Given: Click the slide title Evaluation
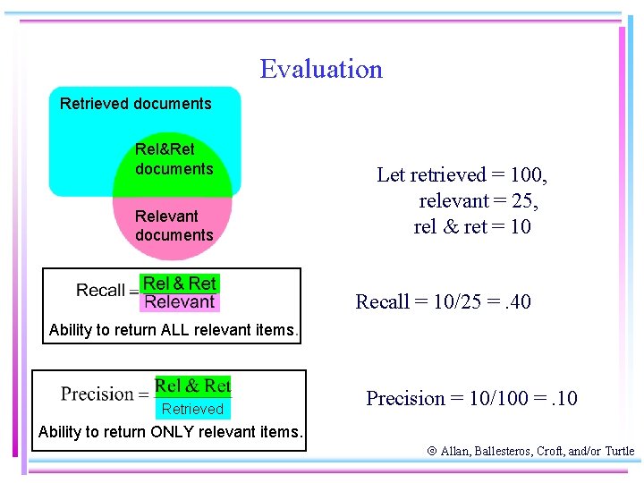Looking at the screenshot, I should pos(321,69).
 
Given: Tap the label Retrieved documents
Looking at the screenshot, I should pos(136,104).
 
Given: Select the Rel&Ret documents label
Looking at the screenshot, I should pos(174,158).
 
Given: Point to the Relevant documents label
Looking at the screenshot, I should pos(174,225).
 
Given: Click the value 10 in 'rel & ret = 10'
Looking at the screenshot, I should pos(521,226).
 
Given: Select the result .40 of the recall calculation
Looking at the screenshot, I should pos(514,302).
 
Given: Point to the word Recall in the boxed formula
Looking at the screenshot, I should pos(100,291).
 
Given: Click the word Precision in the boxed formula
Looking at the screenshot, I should pos(97,394).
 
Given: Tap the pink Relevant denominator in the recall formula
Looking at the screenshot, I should pos(180,302).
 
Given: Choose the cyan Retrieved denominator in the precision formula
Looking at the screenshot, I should pos(192,410).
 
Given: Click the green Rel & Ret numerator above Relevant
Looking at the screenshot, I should pos(180,283).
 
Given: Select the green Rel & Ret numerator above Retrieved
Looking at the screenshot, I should pos(192,386).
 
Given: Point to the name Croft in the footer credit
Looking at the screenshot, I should pos(551,452).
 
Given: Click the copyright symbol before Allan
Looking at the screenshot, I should pos(432,452).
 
